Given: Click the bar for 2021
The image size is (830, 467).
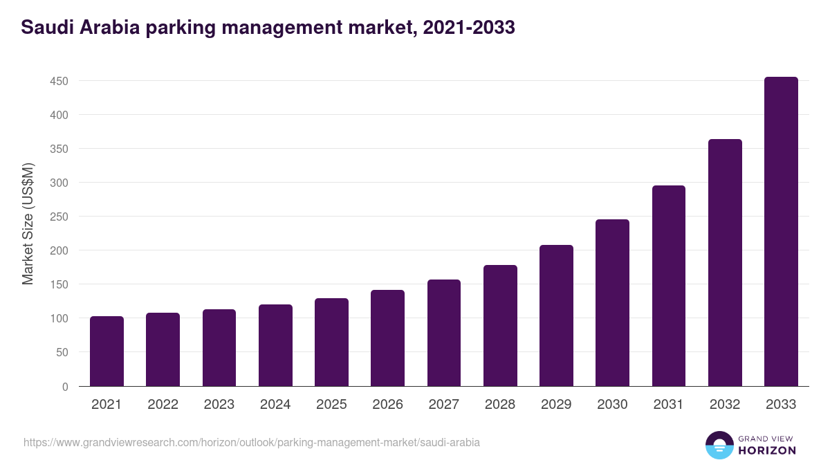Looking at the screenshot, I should [x=107, y=351].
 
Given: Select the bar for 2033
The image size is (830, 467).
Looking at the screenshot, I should [x=781, y=232].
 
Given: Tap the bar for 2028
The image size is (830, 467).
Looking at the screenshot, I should [x=500, y=326].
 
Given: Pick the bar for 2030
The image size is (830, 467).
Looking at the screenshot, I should [x=612, y=303].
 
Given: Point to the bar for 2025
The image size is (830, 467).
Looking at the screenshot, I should [x=331, y=342].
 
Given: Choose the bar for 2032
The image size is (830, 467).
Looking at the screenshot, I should [x=725, y=263].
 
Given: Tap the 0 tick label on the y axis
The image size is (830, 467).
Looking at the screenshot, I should [x=65, y=387].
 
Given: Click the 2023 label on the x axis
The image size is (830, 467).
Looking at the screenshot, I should [x=219, y=405].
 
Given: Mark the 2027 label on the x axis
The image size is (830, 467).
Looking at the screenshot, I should [x=444, y=405].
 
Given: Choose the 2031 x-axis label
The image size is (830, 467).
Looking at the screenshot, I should [x=669, y=405].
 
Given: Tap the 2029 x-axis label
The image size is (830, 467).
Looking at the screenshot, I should [x=556, y=405].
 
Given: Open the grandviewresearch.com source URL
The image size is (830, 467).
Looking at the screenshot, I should [x=251, y=442].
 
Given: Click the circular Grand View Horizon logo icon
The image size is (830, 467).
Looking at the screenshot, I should [x=719, y=445].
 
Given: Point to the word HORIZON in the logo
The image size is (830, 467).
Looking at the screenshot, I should [x=767, y=450].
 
